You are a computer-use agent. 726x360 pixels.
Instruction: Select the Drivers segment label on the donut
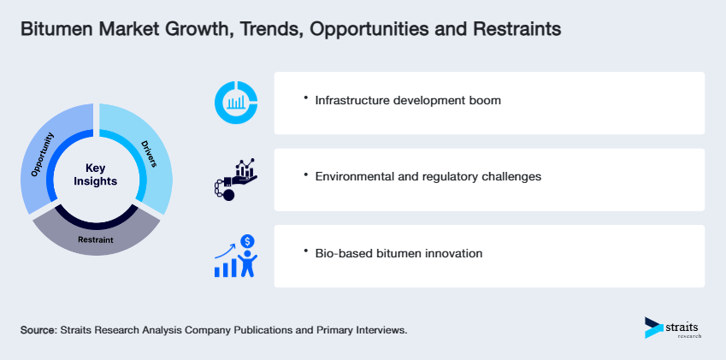click(149, 154)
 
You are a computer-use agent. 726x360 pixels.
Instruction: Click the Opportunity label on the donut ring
click(42, 154)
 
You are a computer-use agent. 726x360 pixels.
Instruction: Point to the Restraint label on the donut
click(96, 239)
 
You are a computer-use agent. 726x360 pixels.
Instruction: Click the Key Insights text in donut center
click(96, 174)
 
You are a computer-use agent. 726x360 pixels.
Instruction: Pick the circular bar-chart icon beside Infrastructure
click(236, 103)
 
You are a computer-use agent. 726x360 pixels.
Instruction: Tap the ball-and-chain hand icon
click(236, 180)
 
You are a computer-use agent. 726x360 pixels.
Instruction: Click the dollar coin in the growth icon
click(248, 241)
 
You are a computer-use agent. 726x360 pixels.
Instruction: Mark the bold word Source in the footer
click(38, 330)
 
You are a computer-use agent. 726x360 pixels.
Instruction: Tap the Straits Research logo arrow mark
click(654, 328)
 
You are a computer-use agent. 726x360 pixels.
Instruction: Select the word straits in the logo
click(682, 328)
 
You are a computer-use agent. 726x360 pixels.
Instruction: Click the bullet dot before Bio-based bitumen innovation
click(305, 251)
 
